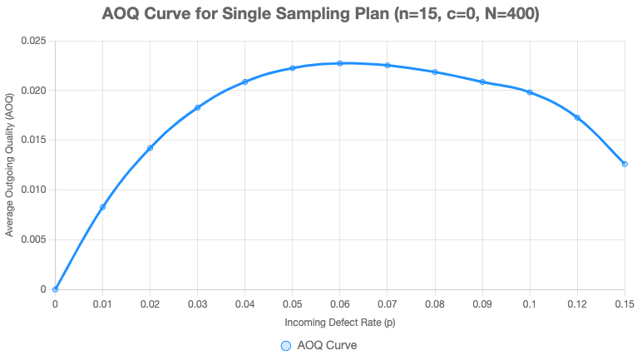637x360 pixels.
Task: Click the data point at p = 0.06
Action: (x=340, y=63)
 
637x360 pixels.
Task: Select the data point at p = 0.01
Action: (x=102, y=207)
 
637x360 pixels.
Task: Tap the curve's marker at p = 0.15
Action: (x=625, y=164)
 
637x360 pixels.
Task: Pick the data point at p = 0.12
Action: (x=577, y=118)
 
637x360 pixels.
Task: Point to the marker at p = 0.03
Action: (x=197, y=107)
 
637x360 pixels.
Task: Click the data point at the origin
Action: (x=55, y=289)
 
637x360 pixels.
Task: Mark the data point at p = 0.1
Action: (x=530, y=92)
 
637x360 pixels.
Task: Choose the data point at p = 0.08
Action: (x=435, y=72)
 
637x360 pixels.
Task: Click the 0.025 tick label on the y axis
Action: (x=34, y=40)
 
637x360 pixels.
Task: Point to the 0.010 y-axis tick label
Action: (x=34, y=190)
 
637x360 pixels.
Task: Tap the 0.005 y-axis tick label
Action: (x=34, y=239)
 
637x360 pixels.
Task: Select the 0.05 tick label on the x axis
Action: (x=293, y=304)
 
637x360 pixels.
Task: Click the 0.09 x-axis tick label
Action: (x=482, y=304)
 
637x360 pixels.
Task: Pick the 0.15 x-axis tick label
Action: (x=625, y=304)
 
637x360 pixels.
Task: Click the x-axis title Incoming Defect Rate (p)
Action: (x=340, y=322)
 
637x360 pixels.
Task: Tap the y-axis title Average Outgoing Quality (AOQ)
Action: (x=10, y=165)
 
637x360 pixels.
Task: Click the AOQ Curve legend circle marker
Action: (x=285, y=345)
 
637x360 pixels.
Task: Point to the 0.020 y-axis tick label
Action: (x=34, y=90)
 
